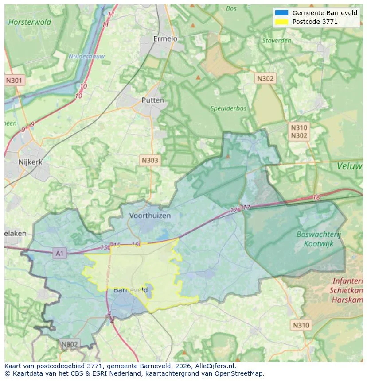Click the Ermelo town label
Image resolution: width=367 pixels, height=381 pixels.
[x=165, y=39]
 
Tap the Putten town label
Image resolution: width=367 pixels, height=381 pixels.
[x=152, y=100]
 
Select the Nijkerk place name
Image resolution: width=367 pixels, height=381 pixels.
[x=30, y=162]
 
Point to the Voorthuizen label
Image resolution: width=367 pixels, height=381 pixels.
[x=150, y=216]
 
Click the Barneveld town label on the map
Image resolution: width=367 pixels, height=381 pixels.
[x=130, y=290]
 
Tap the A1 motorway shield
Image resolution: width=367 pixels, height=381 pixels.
[x=59, y=254]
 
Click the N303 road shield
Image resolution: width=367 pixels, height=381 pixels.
[x=149, y=160]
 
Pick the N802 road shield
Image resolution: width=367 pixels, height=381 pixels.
[x=69, y=344]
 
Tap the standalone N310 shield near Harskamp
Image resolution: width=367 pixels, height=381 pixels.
[x=301, y=325]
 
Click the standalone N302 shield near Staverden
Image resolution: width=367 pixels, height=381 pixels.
[x=265, y=79]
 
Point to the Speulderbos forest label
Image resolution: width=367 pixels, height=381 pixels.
[x=228, y=108]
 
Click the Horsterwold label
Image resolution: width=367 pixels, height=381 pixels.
[x=30, y=22]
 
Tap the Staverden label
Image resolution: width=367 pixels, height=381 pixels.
[x=277, y=41]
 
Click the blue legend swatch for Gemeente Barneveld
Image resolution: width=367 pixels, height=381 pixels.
[x=281, y=13]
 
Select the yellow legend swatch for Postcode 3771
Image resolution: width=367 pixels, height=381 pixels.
[x=281, y=22]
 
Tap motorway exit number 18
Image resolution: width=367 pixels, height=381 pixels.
[x=316, y=197]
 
